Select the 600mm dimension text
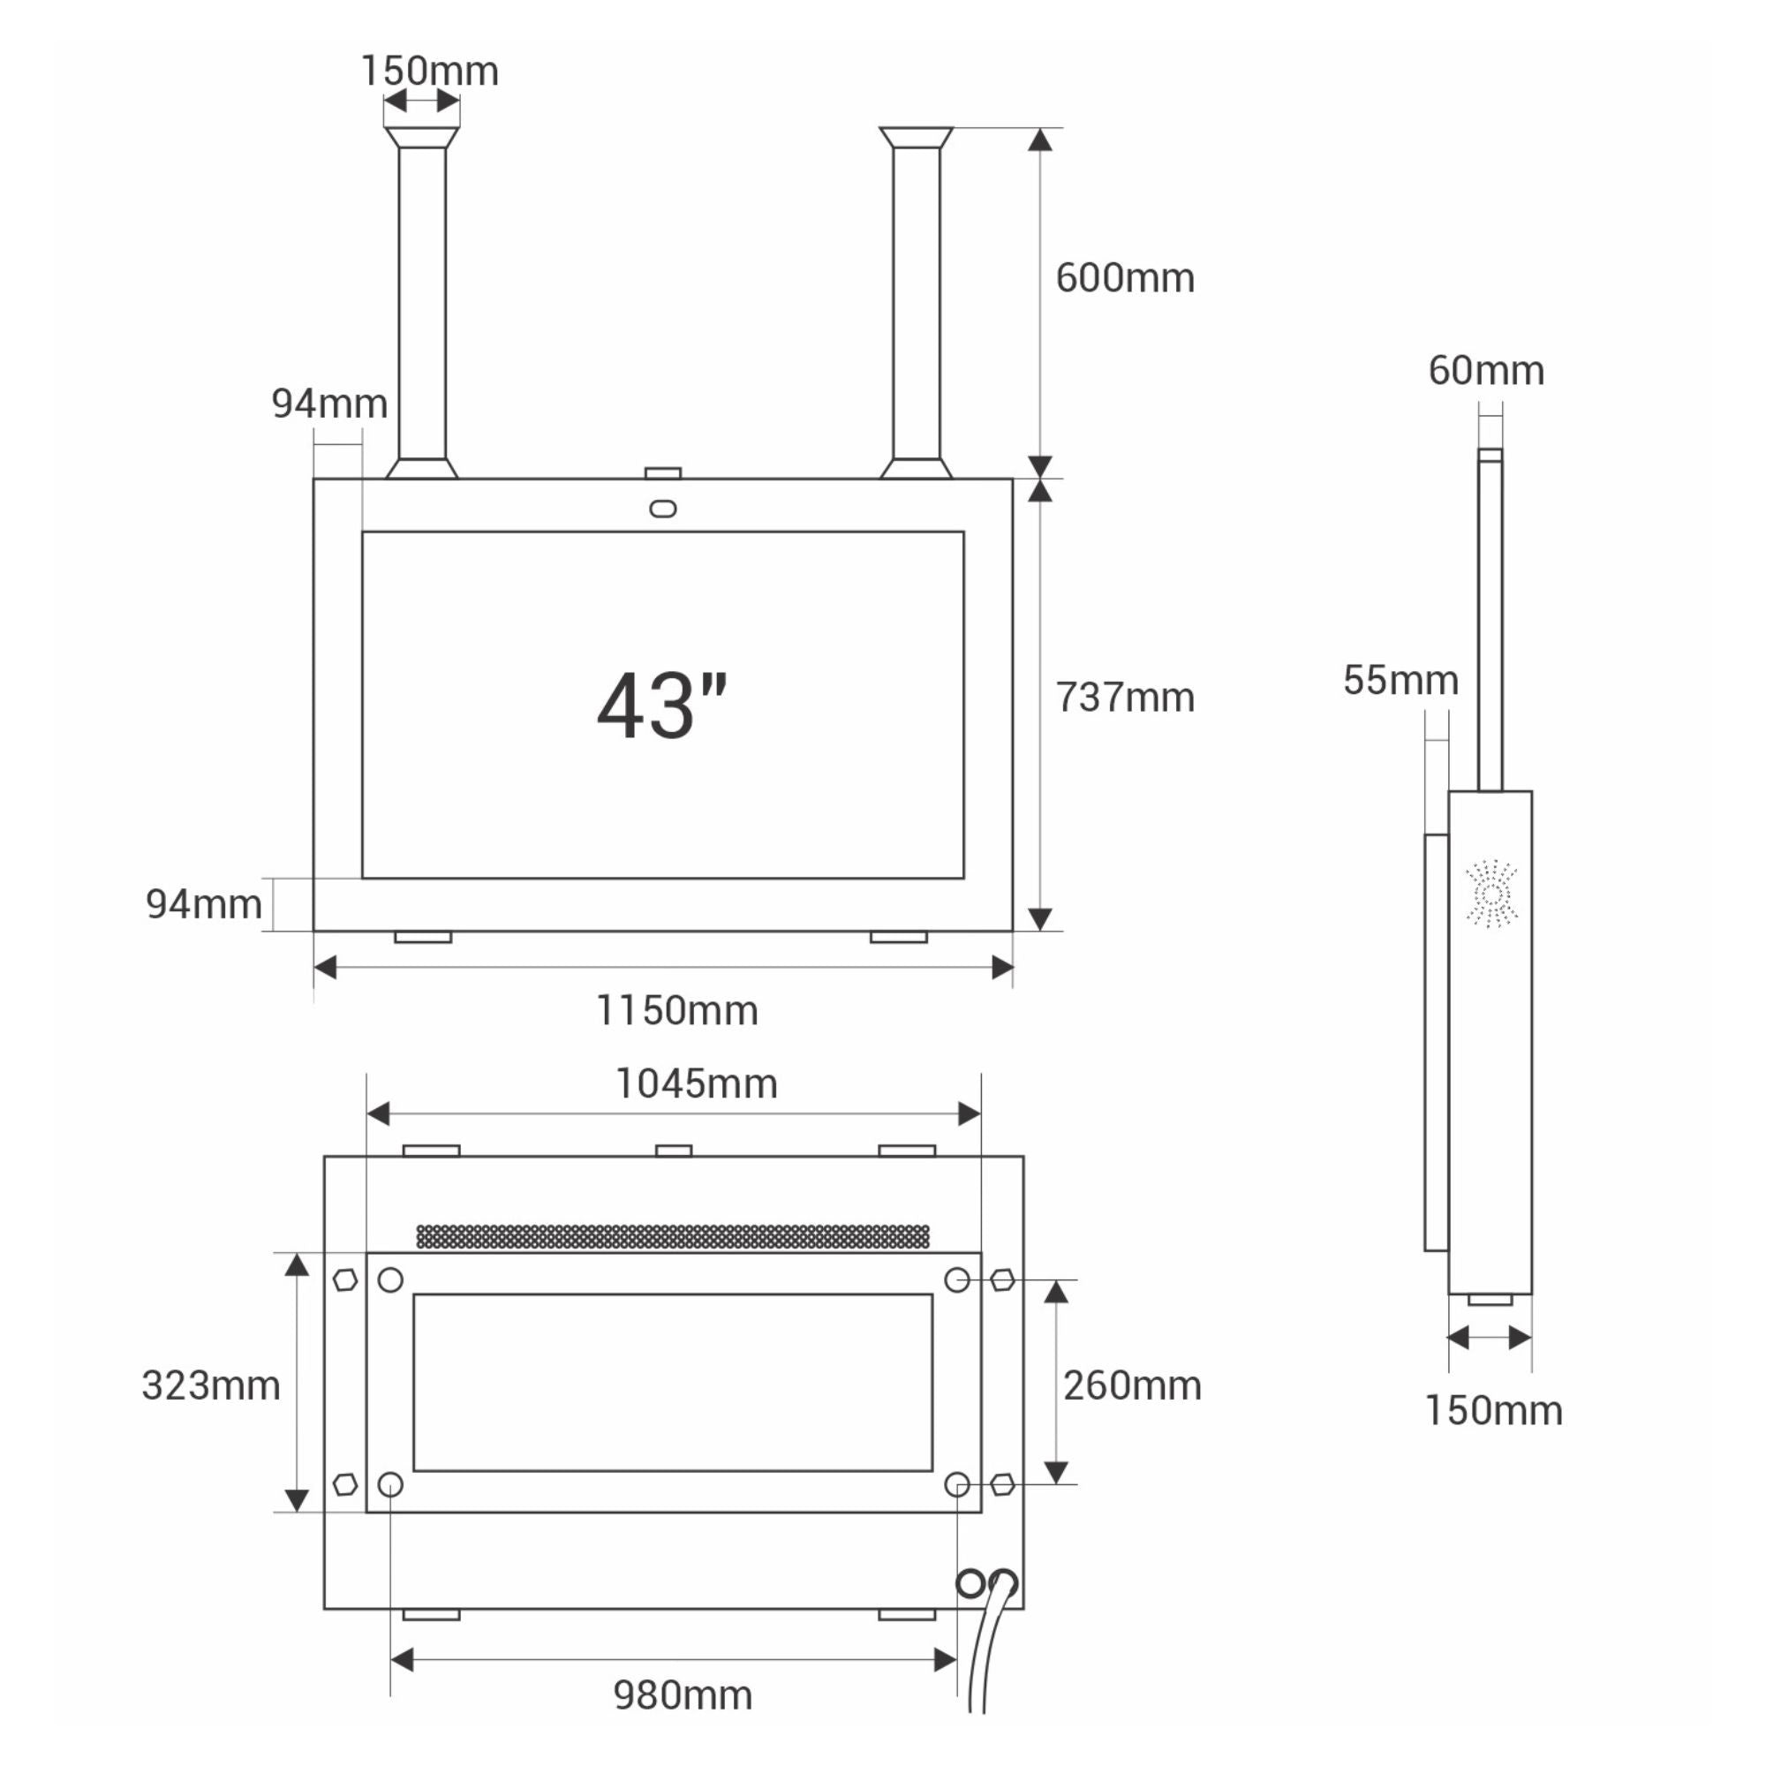[x=1124, y=278]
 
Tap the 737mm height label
[x=1124, y=698]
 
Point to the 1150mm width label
[x=676, y=1011]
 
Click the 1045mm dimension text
[x=696, y=1084]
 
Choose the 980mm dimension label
[x=682, y=1695]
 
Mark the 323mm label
[x=210, y=1385]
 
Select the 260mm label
[x=1132, y=1385]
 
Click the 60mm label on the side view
[x=1485, y=370]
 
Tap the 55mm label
[x=1400, y=680]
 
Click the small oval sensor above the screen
[x=663, y=509]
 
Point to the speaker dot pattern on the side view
[x=1491, y=893]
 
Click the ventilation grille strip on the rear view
[x=673, y=1237]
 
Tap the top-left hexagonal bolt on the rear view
[x=344, y=1279]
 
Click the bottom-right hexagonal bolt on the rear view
[x=1003, y=1484]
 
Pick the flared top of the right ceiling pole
[x=916, y=138]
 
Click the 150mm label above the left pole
[x=429, y=72]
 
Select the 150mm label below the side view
[x=1492, y=1410]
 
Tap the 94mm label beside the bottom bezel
[x=203, y=904]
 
